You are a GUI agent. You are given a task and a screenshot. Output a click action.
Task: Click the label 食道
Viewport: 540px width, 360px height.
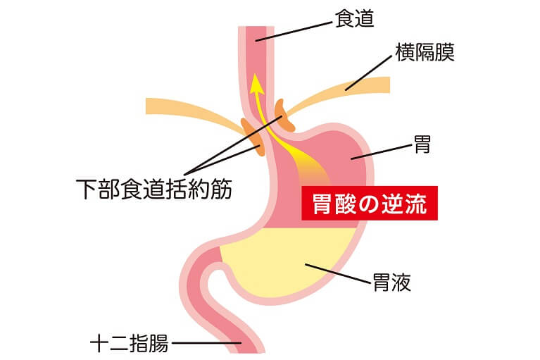[354, 18]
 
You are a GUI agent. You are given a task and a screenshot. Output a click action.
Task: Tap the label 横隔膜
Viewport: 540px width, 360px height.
[425, 52]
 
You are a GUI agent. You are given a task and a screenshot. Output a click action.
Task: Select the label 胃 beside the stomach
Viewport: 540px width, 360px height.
[422, 144]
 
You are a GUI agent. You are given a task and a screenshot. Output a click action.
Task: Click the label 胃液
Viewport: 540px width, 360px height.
[392, 283]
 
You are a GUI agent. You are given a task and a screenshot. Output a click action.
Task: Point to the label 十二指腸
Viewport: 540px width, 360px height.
[130, 343]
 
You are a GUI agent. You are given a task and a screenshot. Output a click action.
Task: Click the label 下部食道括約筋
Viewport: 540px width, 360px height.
[154, 189]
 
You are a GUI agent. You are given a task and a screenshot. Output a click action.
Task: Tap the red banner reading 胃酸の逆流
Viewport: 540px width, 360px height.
[370, 204]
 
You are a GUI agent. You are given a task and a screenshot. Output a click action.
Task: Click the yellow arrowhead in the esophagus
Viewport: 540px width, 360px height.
[256, 84]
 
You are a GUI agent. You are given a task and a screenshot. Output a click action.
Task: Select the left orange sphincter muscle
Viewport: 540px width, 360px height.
[253, 137]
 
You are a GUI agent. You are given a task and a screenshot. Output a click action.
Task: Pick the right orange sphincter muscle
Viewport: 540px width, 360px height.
[284, 116]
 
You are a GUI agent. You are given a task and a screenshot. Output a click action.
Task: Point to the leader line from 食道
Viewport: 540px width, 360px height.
[294, 32]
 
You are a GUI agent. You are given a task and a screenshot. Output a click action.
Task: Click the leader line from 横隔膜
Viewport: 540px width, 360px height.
[368, 73]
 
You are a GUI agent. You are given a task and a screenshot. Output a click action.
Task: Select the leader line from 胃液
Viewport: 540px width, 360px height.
[338, 274]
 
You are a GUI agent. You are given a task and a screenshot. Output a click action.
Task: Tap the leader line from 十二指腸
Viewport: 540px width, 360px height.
[206, 343]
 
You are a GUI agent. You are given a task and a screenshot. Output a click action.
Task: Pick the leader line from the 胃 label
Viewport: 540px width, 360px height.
[381, 152]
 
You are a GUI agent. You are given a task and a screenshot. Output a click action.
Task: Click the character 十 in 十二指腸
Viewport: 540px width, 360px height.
[100, 343]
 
